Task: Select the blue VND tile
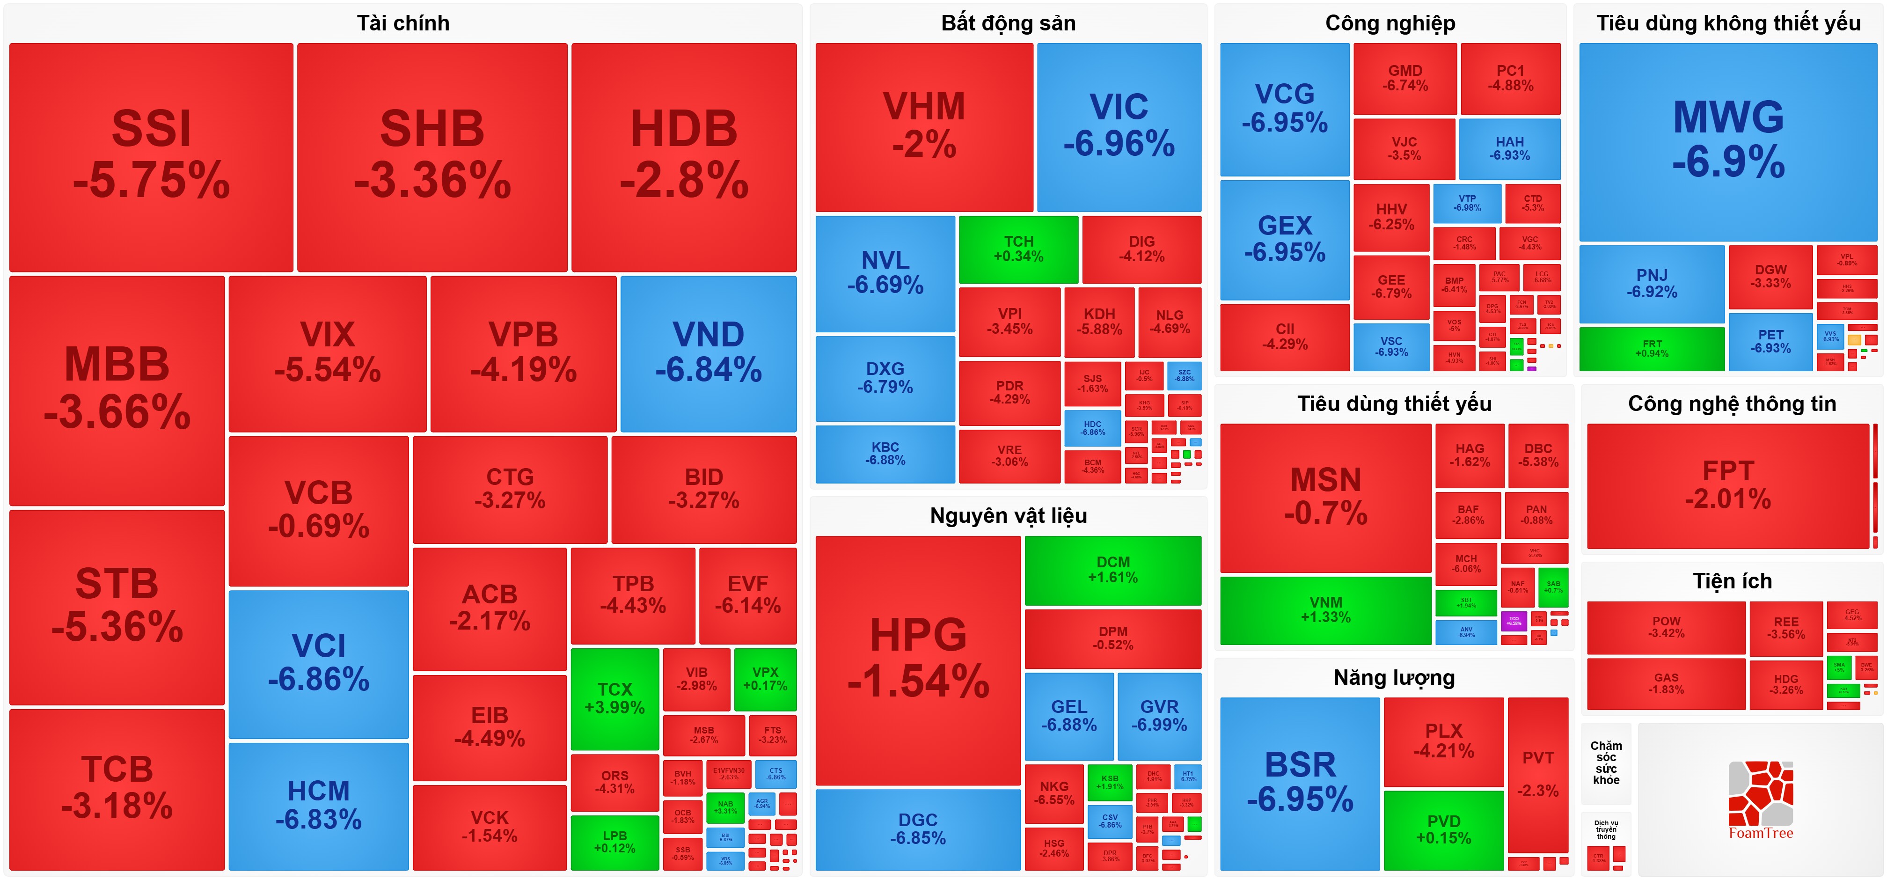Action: click(x=709, y=353)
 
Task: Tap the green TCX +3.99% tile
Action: click(x=614, y=698)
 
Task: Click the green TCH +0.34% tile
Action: click(x=1018, y=249)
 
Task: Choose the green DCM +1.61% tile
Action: click(x=1113, y=570)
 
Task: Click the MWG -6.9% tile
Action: click(x=1728, y=141)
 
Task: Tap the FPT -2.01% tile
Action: click(x=1728, y=485)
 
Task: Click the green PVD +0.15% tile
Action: click(x=1443, y=829)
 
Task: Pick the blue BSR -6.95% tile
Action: click(x=1300, y=783)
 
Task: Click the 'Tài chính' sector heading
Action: click(x=403, y=23)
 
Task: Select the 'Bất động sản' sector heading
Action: click(x=1008, y=23)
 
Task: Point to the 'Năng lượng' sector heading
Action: click(x=1394, y=678)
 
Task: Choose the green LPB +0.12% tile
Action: click(x=614, y=842)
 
